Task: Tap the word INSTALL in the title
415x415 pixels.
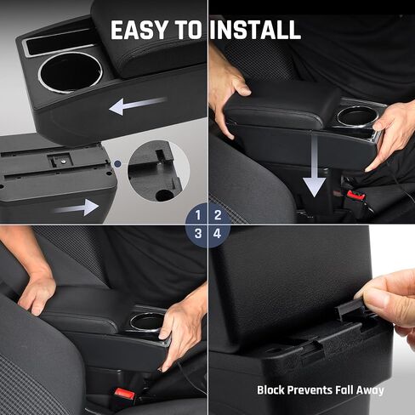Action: [255, 31]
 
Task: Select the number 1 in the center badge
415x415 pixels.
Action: [198, 214]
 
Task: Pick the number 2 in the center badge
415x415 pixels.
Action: [218, 214]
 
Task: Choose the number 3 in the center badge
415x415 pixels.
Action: [198, 233]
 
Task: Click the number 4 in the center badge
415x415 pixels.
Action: [218, 233]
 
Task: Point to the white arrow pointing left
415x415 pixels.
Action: [137, 106]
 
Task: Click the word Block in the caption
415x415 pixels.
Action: [274, 390]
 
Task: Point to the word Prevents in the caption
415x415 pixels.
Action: [316, 390]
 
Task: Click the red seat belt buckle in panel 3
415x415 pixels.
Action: [125, 395]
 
